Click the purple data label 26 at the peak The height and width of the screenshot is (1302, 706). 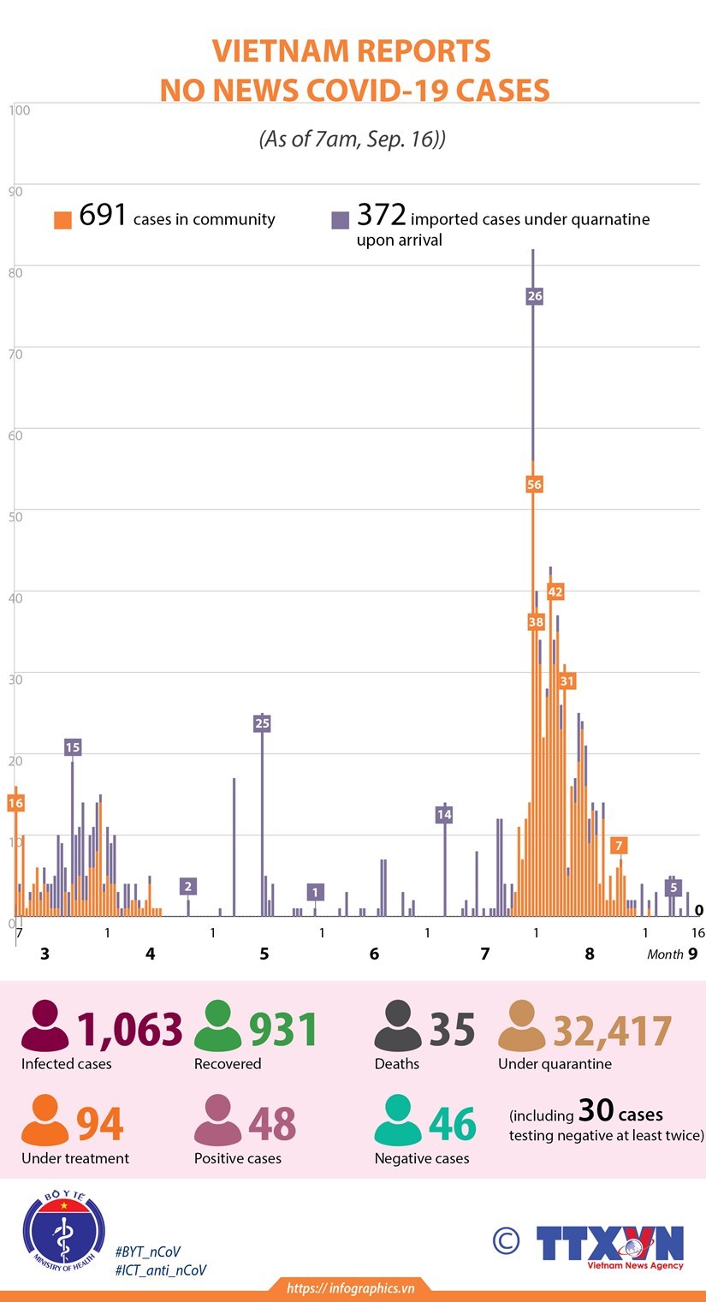tap(535, 296)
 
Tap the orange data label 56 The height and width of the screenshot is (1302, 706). tap(535, 485)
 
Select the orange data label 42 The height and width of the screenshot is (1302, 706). tap(555, 592)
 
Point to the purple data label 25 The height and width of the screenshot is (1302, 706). tap(262, 723)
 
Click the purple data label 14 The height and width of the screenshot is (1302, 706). tap(443, 815)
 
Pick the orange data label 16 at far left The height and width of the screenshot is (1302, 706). tap(15, 803)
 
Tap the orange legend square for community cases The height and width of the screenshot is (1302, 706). tap(62, 220)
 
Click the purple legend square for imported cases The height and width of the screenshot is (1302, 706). tap(341, 220)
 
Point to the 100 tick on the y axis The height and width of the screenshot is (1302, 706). tap(20, 110)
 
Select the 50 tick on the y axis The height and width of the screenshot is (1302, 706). tap(17, 516)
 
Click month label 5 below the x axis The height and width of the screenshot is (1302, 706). tap(264, 954)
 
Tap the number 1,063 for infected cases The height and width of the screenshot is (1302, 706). tap(130, 1030)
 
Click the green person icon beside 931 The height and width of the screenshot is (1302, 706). tap(218, 1026)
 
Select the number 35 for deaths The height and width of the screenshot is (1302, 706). tap(452, 1030)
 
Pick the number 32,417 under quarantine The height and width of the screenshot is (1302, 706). tap(612, 1031)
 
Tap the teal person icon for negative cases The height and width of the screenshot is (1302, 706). tap(398, 1121)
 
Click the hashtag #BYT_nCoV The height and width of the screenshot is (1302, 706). tap(147, 1251)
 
